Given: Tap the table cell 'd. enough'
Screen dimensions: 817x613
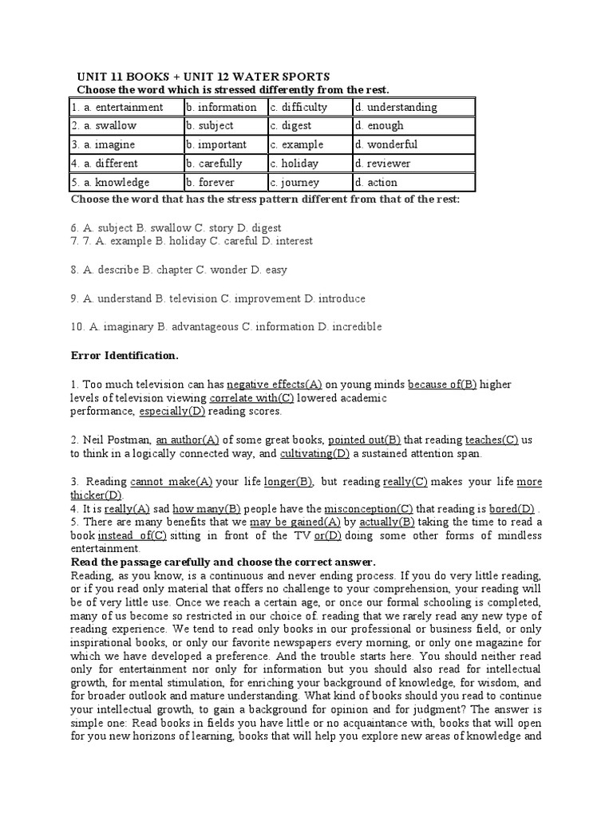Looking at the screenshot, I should tap(380, 125).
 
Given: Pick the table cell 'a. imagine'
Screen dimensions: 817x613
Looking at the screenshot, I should tap(104, 144).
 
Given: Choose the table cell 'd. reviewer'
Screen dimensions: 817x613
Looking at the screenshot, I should tap(387, 164).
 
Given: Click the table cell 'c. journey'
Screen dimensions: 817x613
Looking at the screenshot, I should tap(295, 182).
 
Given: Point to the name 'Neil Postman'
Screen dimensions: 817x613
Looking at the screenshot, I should tap(117, 439).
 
